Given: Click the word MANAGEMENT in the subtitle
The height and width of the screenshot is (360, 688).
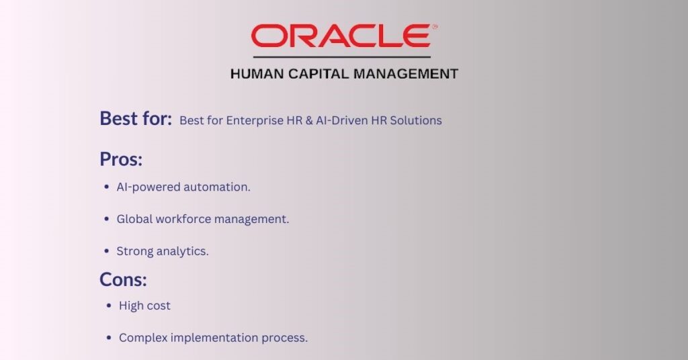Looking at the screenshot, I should point(409,74).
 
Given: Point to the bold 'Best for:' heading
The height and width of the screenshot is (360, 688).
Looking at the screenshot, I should point(136,119).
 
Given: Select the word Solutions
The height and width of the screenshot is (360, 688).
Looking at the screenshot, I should point(418,121).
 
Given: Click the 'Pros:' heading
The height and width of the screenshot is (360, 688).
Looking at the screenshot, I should point(121,159).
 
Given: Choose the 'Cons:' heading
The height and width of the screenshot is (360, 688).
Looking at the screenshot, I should point(123,279).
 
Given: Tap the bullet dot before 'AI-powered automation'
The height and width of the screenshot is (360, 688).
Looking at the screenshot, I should point(107,187).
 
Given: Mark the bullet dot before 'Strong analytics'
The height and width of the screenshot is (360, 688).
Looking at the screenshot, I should point(107,251).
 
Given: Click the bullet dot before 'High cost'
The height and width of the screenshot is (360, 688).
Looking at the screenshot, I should point(110,306).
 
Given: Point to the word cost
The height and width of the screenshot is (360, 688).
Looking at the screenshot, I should point(159,306).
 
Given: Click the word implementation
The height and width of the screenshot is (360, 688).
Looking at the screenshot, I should point(214,338).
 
